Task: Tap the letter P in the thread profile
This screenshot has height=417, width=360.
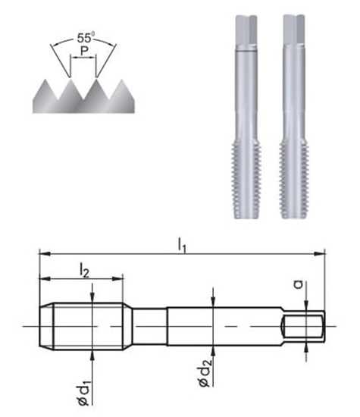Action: coord(83,55)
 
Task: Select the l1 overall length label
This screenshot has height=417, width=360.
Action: coord(182,243)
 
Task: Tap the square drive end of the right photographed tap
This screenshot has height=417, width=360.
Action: coord(293,30)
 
